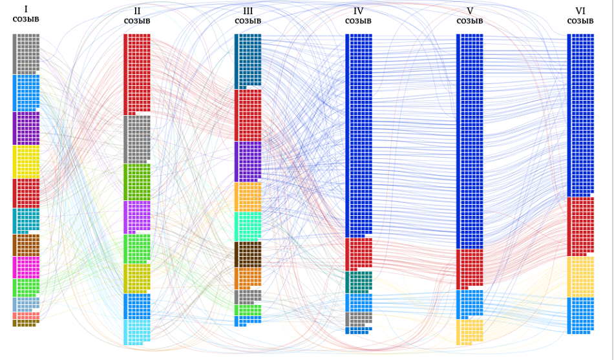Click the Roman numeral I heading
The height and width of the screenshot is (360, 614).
point(26,10)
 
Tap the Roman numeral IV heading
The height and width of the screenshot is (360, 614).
point(358,11)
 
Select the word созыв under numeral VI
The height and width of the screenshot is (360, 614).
point(580,21)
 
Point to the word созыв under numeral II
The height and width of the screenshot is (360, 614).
point(137,21)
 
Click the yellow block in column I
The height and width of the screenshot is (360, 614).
point(26,162)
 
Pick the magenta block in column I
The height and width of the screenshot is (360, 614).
point(26,268)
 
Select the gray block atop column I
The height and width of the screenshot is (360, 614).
point(26,54)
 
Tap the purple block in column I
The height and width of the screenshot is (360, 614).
point(26,129)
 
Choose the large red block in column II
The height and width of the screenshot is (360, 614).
point(137,74)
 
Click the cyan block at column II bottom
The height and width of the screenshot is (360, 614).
point(137,332)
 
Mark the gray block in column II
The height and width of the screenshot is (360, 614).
point(137,140)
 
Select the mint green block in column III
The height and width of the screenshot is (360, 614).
point(248,226)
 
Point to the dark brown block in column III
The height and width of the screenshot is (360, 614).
point(248,255)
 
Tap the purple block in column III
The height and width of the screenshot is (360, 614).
point(248,162)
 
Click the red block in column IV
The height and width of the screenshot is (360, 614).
point(359,254)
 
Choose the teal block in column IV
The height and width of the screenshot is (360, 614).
point(359,282)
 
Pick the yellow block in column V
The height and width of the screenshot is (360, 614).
point(469,332)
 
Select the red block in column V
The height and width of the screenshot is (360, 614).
point(469,269)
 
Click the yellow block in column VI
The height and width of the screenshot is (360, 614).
point(580,277)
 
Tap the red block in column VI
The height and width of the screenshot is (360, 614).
point(580,226)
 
